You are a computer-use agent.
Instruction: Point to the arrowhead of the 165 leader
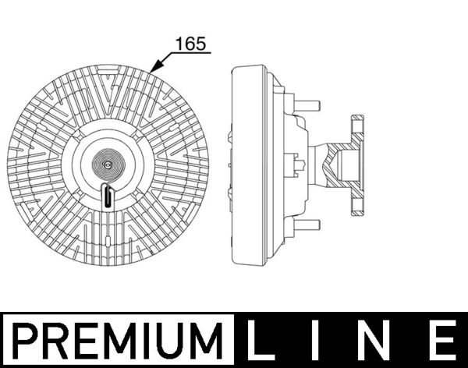coord(154,71)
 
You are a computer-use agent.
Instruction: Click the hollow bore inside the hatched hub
coord(348,165)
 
